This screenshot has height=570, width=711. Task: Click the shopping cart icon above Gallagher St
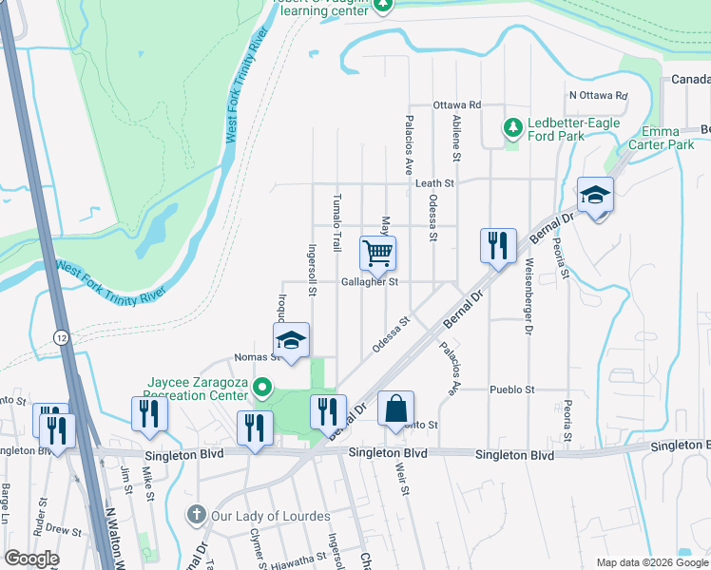377,254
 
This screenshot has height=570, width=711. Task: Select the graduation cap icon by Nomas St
292,341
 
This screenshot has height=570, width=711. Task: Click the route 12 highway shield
61,337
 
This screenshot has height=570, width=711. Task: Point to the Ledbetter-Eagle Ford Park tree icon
512,127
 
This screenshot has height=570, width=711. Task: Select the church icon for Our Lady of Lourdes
197,516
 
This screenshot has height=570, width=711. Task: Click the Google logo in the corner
31,559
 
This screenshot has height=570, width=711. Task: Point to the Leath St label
437,183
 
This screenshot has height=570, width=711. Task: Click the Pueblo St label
513,389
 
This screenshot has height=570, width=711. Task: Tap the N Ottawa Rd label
599,95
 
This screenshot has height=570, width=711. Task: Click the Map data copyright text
651,562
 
